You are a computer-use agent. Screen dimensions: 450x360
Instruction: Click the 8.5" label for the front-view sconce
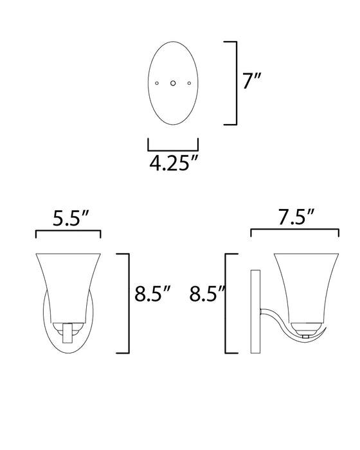[152, 295]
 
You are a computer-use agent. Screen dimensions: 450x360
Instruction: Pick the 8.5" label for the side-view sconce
[205, 295]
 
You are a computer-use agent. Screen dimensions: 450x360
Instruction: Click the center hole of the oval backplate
[173, 83]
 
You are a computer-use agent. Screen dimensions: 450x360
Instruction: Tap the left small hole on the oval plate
[157, 83]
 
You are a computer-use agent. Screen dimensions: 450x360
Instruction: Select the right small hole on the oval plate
[188, 83]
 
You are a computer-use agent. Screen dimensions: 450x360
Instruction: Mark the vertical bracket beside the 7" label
[235, 83]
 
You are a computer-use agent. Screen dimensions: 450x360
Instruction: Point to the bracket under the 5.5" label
[68, 232]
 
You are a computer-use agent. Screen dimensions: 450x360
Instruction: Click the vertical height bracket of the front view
[129, 302]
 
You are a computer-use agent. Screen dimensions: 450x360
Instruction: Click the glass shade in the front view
[67, 283]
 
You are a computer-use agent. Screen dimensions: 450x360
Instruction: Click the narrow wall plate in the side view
[253, 311]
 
